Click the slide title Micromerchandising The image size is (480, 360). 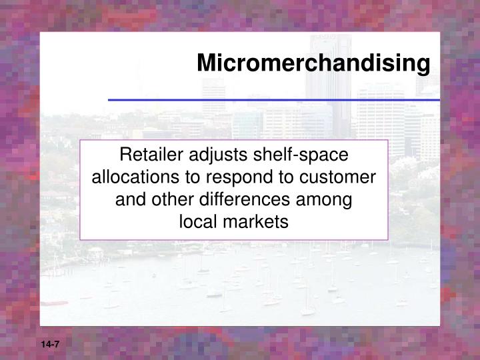(x=313, y=63)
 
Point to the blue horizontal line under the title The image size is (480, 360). (x=273, y=100)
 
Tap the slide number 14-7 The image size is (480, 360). (x=51, y=345)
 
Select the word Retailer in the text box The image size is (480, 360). (x=149, y=155)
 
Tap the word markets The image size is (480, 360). (x=257, y=221)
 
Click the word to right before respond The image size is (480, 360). (x=188, y=177)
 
